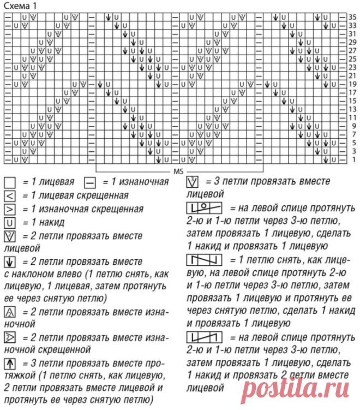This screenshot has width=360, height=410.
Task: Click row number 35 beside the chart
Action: click(353, 17)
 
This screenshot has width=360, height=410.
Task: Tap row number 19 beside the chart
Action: click(353, 84)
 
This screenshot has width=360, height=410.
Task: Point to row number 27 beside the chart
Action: click(353, 50)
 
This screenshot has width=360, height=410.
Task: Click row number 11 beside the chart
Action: click(353, 117)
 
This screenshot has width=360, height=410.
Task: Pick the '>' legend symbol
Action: click(9, 209)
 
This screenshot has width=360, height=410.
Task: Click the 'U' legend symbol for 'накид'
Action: click(9, 222)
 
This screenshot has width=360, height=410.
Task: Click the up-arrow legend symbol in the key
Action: click(9, 363)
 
